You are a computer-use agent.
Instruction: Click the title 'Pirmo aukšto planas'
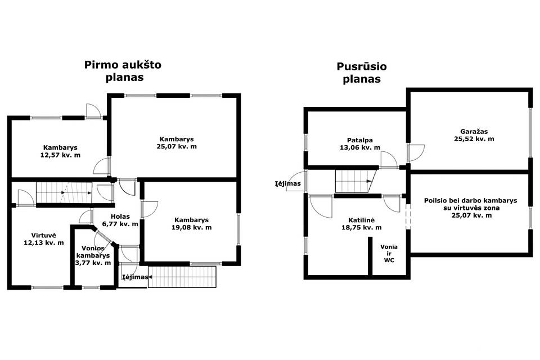pyautogui.click(x=123, y=71)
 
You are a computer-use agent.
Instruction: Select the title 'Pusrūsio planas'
pyautogui.click(x=362, y=73)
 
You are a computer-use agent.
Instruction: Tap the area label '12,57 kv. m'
pyautogui.click(x=60, y=155)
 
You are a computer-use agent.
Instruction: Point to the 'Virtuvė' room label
pyautogui.click(x=44, y=235)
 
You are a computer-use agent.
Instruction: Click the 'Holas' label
pyautogui.click(x=120, y=217)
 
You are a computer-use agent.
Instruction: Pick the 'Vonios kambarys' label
pyautogui.click(x=93, y=251)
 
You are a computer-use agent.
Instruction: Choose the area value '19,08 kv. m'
pyautogui.click(x=191, y=227)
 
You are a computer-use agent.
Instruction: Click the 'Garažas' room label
pyautogui.click(x=474, y=131)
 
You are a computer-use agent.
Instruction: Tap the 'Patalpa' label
pyautogui.click(x=360, y=140)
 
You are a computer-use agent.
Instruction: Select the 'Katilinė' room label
pyautogui.click(x=361, y=220)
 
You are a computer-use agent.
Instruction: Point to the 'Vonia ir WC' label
pyautogui.click(x=389, y=253)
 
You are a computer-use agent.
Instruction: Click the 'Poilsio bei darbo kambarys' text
pyautogui.click(x=470, y=200)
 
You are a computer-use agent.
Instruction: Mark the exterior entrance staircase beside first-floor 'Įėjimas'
pyautogui.click(x=182, y=277)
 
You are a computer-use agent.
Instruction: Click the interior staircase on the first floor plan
pyautogui.click(x=64, y=192)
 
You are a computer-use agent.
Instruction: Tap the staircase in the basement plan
pyautogui.click(x=355, y=181)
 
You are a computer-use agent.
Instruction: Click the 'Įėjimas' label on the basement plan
pyautogui.click(x=287, y=183)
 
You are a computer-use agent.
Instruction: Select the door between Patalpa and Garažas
pyautogui.click(x=416, y=153)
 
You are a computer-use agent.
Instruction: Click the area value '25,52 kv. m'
pyautogui.click(x=474, y=139)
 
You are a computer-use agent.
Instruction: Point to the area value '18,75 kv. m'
pyautogui.click(x=361, y=227)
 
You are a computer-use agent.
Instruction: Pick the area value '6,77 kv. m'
pyautogui.click(x=120, y=224)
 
